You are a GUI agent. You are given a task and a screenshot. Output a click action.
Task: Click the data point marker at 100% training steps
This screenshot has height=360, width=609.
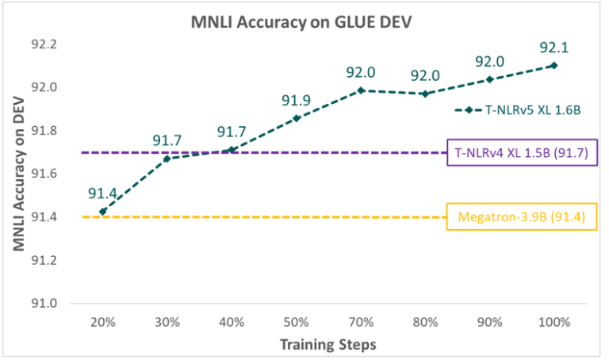pyautogui.click(x=553, y=65)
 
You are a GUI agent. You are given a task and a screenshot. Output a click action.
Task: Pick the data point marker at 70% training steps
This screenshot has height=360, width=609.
pyautogui.click(x=361, y=90)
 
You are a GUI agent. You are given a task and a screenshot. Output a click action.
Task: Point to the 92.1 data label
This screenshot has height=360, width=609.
pyautogui.click(x=553, y=46)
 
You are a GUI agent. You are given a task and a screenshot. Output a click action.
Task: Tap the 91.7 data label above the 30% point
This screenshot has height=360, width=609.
pyautogui.click(x=166, y=141)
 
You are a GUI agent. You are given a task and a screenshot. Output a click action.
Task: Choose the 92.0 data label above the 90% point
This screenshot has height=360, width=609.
pyautogui.click(x=489, y=60)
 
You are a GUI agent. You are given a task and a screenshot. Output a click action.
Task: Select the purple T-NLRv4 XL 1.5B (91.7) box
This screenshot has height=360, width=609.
pyautogui.click(x=519, y=153)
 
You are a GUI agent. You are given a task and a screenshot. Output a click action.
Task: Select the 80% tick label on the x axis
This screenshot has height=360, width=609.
pyautogui.click(x=425, y=323)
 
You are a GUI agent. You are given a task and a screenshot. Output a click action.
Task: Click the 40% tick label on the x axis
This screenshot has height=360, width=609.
pyautogui.click(x=231, y=323)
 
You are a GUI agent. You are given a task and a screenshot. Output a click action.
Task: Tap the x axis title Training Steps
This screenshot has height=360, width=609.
pyautogui.click(x=327, y=345)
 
